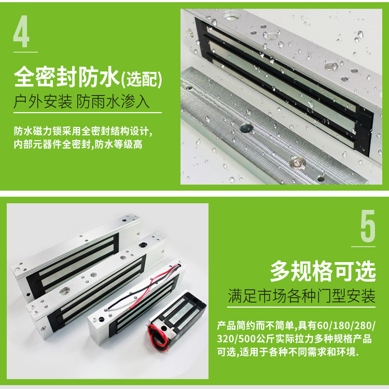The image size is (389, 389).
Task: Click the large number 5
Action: tap(368, 227)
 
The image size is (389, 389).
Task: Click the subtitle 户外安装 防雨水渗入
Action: tap(81, 101)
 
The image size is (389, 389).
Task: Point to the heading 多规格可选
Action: tap(322, 271)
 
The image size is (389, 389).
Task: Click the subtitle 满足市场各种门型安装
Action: tap(301, 297)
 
